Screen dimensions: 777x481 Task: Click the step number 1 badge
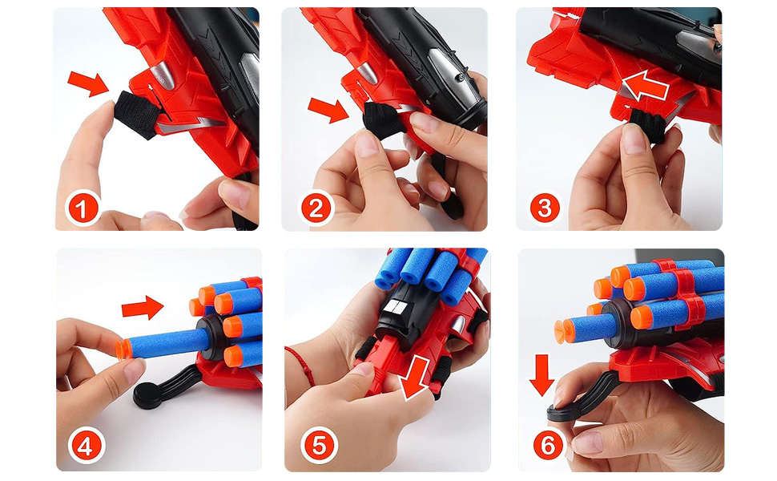pyautogui.click(x=83, y=208)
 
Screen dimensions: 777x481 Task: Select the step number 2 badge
pyautogui.click(x=316, y=208)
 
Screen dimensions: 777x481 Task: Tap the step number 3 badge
pyautogui.click(x=545, y=208)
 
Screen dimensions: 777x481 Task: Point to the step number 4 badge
pyautogui.click(x=86, y=447)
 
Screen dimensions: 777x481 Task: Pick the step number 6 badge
pyautogui.click(x=548, y=445)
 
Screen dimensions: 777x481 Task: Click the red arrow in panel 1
pyautogui.click(x=88, y=83)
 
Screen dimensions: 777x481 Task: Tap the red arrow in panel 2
pyautogui.click(x=328, y=110)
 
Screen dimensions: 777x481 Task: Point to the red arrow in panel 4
pyautogui.click(x=143, y=308)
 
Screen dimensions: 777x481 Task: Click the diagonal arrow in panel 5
pyautogui.click(x=415, y=377)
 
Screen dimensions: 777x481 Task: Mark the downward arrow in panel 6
pyautogui.click(x=541, y=375)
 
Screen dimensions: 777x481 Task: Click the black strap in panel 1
pyautogui.click(x=136, y=114)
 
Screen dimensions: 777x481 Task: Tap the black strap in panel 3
pyautogui.click(x=648, y=125)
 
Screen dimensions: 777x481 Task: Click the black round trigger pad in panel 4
pyautogui.click(x=150, y=396)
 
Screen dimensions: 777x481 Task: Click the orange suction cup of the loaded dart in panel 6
pyautogui.click(x=563, y=332)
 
